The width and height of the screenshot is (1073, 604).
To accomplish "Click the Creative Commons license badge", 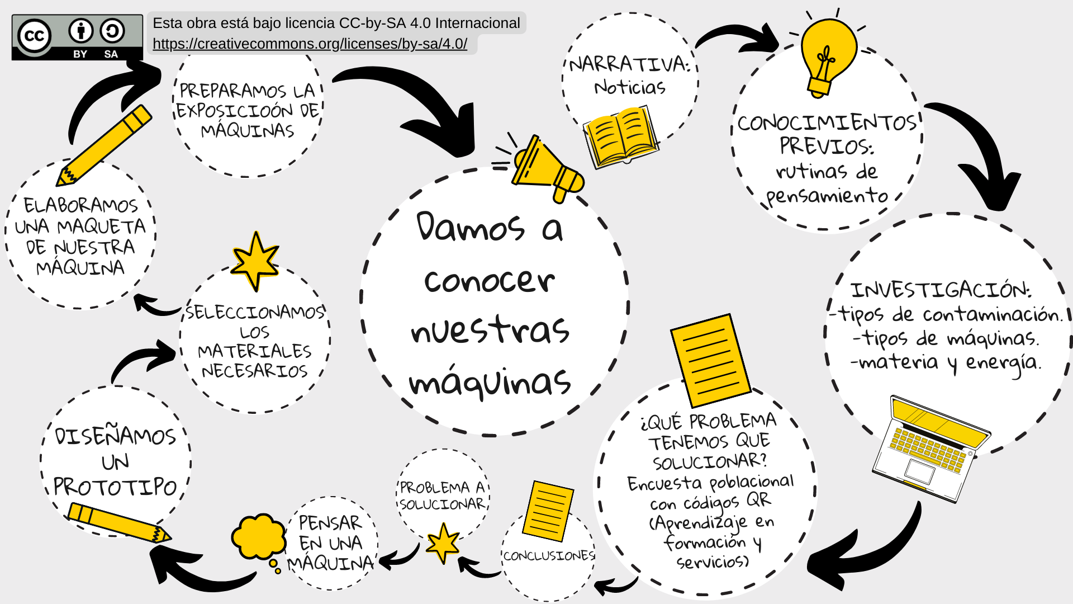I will [77, 37].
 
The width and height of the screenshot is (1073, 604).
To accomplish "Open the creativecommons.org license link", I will [310, 44].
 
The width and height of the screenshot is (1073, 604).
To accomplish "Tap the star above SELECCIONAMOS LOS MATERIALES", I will [255, 261].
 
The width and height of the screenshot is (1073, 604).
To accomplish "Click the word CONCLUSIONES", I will [549, 556].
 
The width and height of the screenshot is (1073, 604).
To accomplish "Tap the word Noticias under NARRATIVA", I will [630, 87].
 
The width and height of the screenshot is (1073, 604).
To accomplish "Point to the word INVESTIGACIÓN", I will [941, 290].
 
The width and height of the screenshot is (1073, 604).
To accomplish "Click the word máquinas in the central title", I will [490, 383].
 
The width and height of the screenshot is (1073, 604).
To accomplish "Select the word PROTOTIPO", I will [115, 487].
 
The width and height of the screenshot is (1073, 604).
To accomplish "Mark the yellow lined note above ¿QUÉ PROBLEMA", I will [710, 360].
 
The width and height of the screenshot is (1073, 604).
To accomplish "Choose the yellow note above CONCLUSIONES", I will [548, 511].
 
